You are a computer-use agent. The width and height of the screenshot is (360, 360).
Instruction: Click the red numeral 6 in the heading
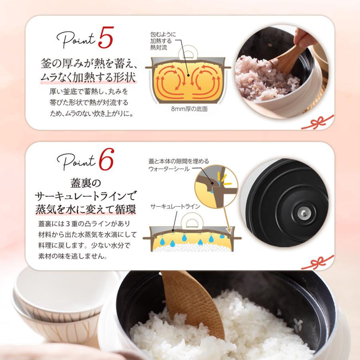coord(106,161)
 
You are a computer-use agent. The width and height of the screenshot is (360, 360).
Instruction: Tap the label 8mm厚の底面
coord(189,108)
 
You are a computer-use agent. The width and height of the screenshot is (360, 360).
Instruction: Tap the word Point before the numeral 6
coord(77,162)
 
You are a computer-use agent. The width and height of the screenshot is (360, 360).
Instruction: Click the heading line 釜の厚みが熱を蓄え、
coord(89,63)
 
